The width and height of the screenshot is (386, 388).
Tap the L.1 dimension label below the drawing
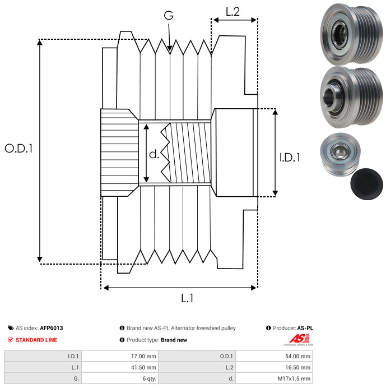click(x=187, y=299)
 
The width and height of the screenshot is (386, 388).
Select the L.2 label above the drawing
click(x=232, y=11)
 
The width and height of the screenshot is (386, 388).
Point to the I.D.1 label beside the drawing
click(x=290, y=158)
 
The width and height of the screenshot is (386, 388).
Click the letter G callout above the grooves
click(x=168, y=16)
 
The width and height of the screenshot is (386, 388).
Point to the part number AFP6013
click(x=51, y=328)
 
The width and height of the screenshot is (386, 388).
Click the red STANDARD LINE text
click(x=36, y=340)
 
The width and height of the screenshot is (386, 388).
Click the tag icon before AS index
click(x=11, y=328)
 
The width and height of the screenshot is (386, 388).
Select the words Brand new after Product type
click(x=174, y=340)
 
